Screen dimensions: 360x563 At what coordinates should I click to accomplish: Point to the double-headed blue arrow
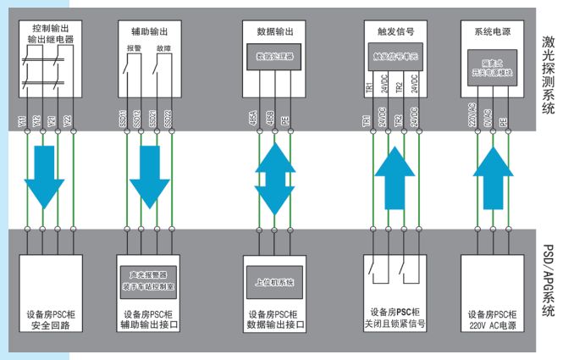(x=273, y=180)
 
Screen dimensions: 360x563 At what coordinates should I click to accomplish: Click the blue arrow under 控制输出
(x=43, y=180)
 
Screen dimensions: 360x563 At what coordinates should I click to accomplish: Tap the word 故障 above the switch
(x=161, y=49)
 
